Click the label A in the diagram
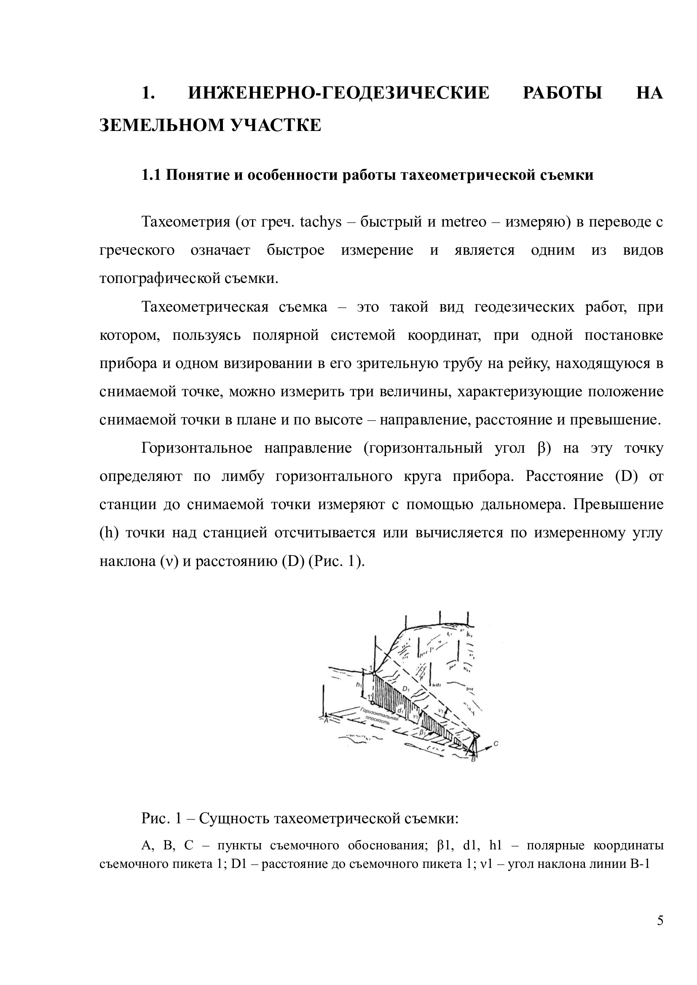326,721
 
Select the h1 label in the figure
358,685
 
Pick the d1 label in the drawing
400,710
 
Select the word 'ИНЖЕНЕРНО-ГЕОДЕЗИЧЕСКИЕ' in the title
339,93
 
